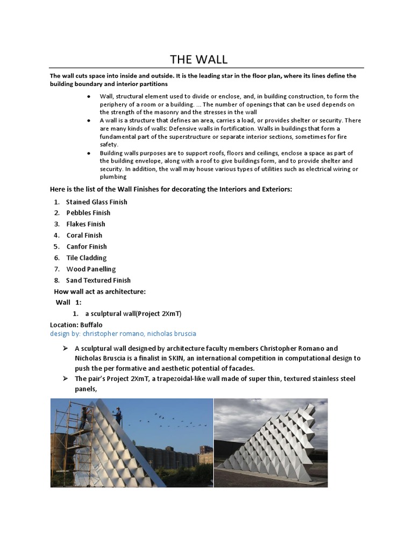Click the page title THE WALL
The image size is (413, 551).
coord(198,59)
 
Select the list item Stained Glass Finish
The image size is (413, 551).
coord(96,202)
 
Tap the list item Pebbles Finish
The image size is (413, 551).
coord(88,213)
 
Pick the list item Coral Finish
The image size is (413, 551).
coord(84,235)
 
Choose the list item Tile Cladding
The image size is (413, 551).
coord(86,258)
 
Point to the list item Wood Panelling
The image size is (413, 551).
coord(91,269)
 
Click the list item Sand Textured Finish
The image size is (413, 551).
coord(98,280)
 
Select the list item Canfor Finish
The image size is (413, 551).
coord(86,246)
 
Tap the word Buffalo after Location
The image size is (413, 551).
coord(91,325)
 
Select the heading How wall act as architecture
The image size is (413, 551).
coord(99,292)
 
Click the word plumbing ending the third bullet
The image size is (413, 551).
coord(113,176)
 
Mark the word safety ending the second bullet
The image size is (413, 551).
coord(108,145)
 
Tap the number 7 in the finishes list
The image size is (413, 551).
coord(56,269)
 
